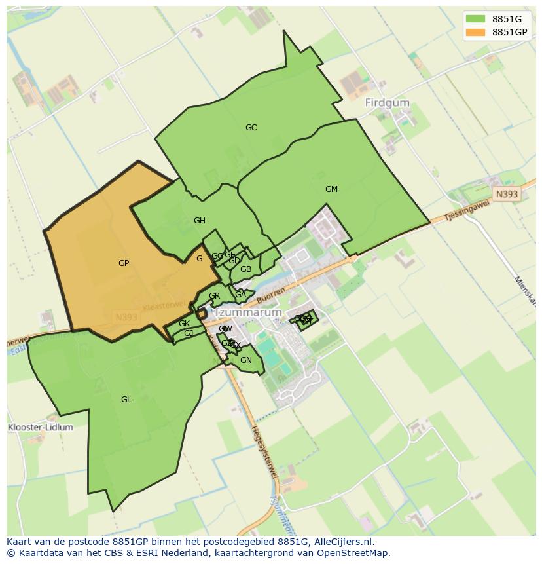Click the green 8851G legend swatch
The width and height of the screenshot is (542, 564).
coord(476,18)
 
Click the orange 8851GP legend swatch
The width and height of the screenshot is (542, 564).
coord(476,32)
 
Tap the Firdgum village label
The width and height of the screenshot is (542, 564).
coord(387,103)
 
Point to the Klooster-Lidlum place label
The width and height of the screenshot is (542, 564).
coord(40,427)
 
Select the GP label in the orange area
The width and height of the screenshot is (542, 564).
coord(124,263)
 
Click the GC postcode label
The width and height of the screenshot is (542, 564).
coord(251,128)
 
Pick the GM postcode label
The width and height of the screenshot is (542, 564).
coord(331,189)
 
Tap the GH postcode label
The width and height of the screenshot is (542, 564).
coord(200,221)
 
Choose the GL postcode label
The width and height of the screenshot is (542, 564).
coord(126,400)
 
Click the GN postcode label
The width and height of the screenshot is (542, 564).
coord(246,360)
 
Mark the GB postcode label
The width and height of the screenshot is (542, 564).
coord(245,269)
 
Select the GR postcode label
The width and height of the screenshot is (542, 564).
coord(214,296)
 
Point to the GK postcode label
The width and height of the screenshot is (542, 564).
coord(184,324)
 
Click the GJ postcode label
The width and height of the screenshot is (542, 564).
coord(189,333)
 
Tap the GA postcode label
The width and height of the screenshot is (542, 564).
coord(240,295)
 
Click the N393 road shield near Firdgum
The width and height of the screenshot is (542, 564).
coord(506,195)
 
